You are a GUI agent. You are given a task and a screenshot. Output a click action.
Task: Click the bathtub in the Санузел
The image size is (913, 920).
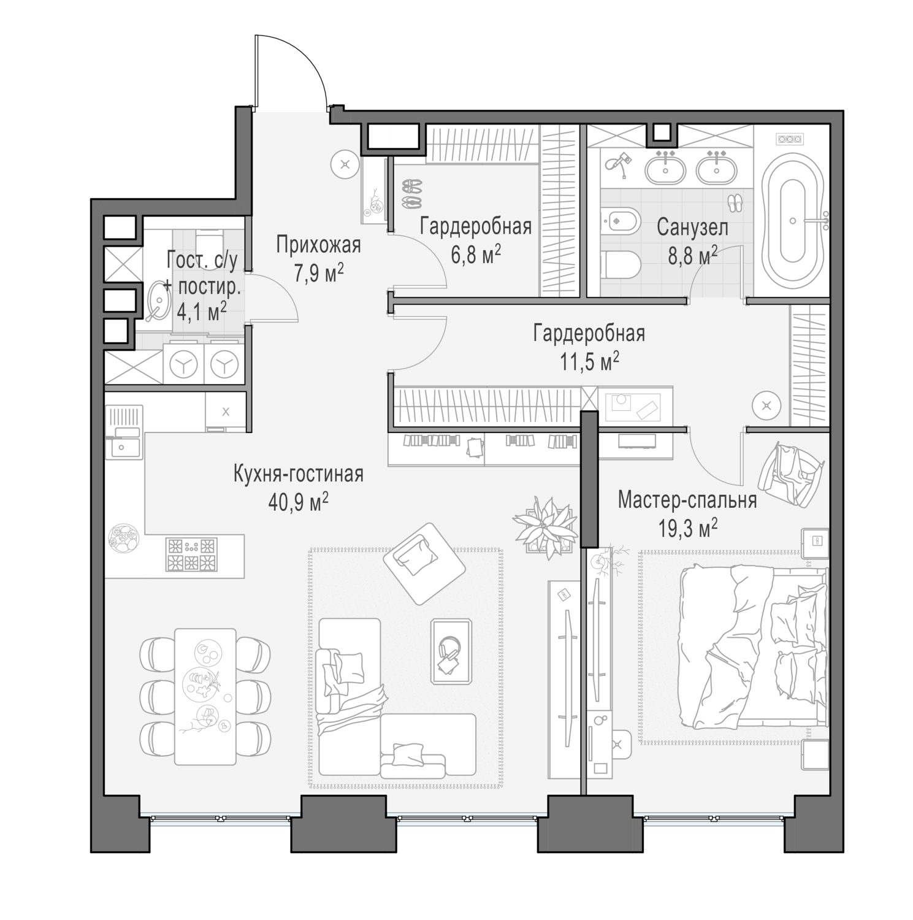pyautogui.click(x=792, y=221)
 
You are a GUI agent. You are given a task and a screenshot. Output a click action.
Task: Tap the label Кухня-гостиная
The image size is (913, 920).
pyautogui.click(x=298, y=474)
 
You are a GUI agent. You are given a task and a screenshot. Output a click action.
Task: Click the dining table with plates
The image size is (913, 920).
pyautogui.click(x=205, y=696)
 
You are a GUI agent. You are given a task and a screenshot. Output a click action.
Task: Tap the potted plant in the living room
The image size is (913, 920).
pyautogui.click(x=544, y=526)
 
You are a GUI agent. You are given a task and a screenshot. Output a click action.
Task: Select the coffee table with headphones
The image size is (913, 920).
pyautogui.click(x=451, y=651)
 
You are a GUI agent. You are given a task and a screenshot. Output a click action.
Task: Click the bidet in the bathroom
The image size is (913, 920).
pyautogui.click(x=619, y=221)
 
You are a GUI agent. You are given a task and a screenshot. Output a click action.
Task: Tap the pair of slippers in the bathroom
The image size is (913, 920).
pyautogui.click(x=735, y=202)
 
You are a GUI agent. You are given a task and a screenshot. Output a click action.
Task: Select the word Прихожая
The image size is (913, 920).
pyautogui.click(x=318, y=245)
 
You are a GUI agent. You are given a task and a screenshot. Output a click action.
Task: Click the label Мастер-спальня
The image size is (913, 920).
pyautogui.click(x=687, y=500)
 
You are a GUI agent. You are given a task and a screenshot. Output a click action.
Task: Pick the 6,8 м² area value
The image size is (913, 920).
pyautogui.click(x=476, y=254)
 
